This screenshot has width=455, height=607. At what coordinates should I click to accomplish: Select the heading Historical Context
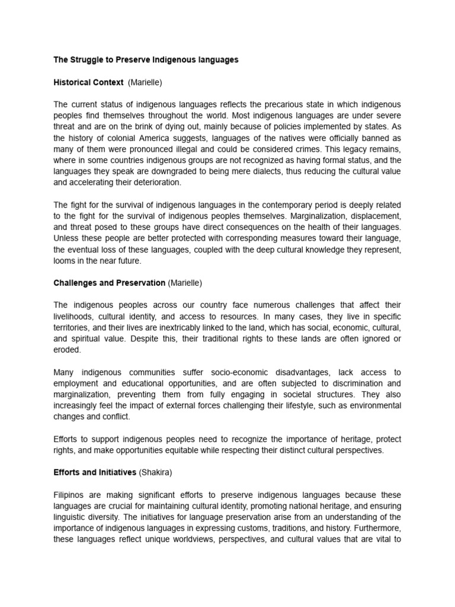89,82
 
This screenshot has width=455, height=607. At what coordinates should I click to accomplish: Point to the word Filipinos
71,495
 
